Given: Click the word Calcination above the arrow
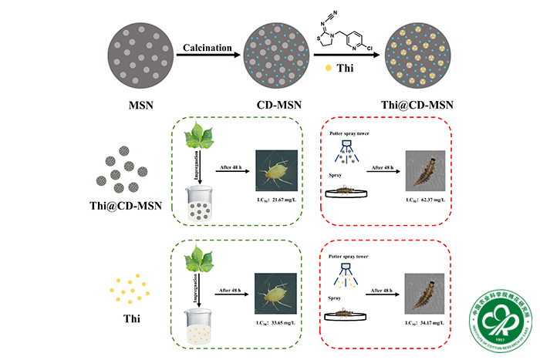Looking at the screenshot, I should (x=208, y=49).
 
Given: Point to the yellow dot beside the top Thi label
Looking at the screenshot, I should (x=328, y=67).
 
